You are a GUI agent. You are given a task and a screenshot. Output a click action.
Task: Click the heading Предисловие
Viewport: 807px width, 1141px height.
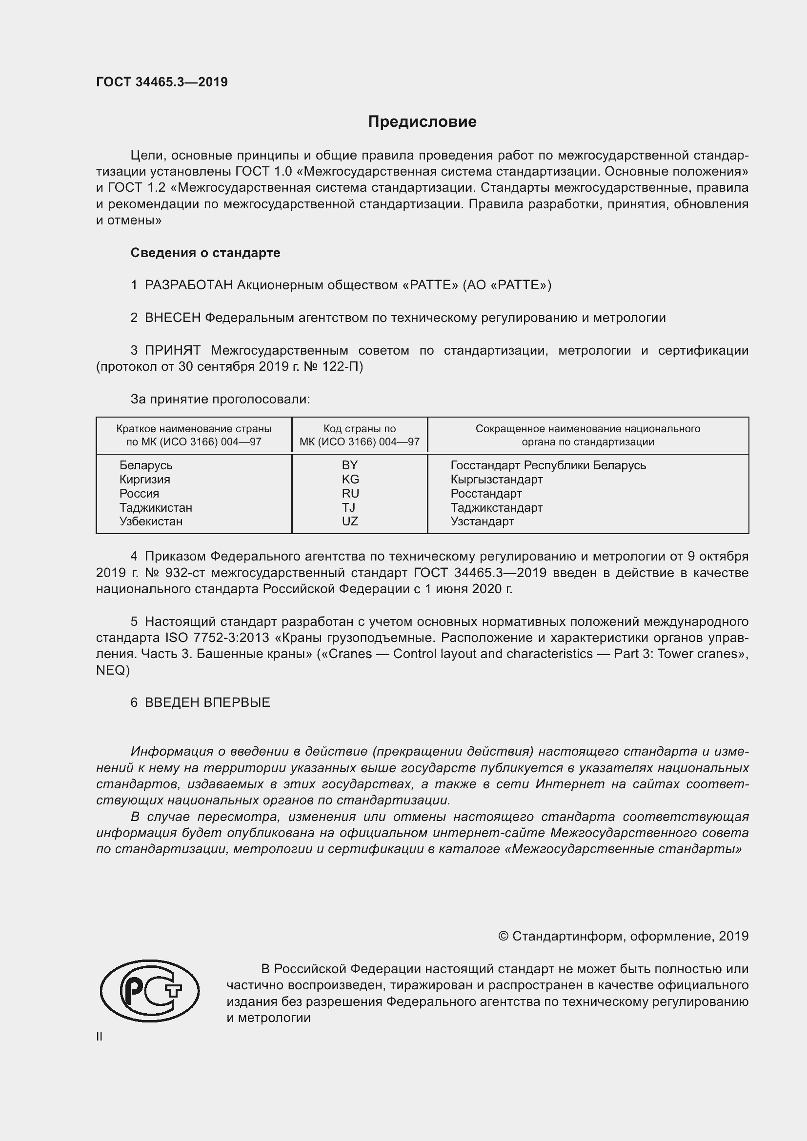422,122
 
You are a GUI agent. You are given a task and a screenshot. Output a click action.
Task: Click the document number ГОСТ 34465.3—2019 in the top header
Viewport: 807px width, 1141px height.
162,82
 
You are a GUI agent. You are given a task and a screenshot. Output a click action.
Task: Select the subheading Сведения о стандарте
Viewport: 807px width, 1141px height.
205,253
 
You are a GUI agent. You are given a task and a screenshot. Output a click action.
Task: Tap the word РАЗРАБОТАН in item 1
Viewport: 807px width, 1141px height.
188,285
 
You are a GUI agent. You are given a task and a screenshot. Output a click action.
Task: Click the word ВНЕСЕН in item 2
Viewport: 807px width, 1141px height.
172,318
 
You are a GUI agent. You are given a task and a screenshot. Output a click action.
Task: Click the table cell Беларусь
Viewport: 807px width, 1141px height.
145,466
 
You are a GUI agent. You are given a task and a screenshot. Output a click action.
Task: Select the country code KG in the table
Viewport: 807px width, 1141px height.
350,480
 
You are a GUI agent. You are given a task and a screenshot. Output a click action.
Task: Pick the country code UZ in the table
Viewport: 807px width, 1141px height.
350,521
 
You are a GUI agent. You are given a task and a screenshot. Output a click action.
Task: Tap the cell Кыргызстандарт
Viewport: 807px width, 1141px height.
496,480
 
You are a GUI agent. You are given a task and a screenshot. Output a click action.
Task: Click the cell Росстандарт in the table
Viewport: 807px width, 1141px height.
486,494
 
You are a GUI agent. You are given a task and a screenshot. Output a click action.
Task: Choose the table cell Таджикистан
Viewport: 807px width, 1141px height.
156,508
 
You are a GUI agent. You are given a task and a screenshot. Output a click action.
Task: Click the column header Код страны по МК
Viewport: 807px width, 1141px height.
359,435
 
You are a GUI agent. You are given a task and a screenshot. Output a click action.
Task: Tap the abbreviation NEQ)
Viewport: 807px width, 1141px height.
113,670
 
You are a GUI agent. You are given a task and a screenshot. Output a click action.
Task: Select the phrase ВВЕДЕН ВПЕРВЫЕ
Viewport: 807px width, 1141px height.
207,702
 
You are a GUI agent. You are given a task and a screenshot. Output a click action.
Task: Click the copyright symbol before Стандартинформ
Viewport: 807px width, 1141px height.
503,936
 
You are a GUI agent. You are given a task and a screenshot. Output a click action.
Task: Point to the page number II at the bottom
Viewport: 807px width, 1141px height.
100,1037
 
